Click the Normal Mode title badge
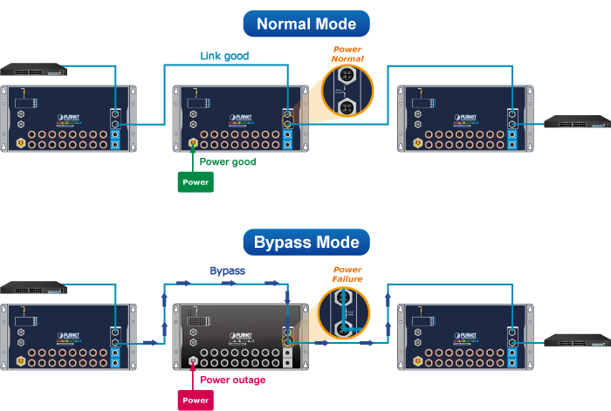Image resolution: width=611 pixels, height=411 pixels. (305, 24)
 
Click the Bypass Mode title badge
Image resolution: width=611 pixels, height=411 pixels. (305, 242)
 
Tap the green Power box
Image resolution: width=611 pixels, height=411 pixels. (195, 182)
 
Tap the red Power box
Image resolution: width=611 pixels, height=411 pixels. (195, 401)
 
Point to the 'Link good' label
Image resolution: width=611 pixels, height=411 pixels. (224, 56)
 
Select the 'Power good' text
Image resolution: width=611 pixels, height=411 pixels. (228, 161)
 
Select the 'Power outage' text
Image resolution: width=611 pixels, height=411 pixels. (232, 380)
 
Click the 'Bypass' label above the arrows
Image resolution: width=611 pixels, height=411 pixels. (227, 271)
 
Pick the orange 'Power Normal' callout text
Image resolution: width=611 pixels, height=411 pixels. (348, 53)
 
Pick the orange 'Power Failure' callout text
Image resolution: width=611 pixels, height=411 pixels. (347, 273)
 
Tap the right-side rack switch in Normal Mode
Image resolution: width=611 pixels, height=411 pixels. (576, 122)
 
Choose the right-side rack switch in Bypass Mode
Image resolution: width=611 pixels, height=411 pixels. (576, 340)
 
